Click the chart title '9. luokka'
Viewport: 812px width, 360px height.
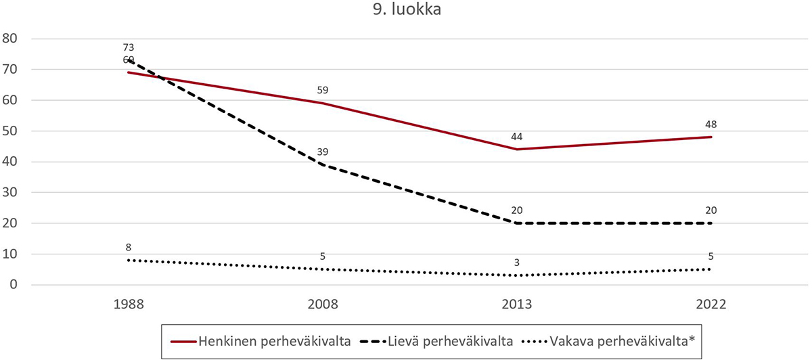point(405,11)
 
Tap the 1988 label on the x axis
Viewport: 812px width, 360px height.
point(128,305)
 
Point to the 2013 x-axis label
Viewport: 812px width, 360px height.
point(516,305)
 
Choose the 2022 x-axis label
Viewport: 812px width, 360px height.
point(711,305)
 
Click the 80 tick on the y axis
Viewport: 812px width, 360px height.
point(10,38)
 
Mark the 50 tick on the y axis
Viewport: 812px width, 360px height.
point(10,131)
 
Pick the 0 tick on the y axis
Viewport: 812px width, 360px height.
point(14,285)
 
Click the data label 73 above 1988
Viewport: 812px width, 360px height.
point(129,47)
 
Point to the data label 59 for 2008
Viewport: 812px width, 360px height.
point(322,89)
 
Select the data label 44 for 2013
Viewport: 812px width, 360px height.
point(516,136)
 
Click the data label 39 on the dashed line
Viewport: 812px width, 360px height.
point(322,151)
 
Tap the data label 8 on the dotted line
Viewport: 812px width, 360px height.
point(129,247)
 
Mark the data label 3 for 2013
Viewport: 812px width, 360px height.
point(517,262)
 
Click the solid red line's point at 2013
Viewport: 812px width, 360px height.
point(516,149)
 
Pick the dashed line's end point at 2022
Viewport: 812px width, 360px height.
point(711,223)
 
